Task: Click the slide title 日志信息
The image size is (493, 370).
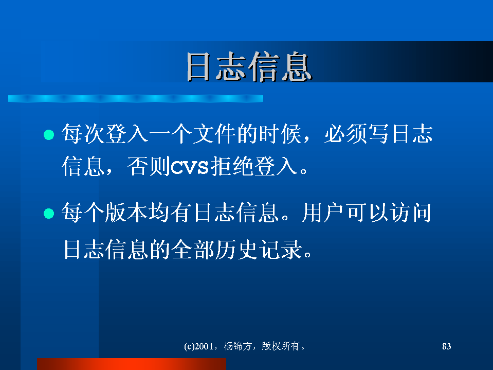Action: [x=249, y=67]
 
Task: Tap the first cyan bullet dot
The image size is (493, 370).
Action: [x=49, y=135]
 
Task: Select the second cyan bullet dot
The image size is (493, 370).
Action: [x=49, y=214]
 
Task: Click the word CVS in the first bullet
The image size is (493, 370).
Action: [x=190, y=166]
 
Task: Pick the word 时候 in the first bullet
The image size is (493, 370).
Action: [x=280, y=134]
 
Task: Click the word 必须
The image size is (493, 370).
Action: [x=345, y=134]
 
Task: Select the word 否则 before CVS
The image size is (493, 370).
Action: [x=149, y=166]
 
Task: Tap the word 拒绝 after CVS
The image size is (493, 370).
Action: [x=232, y=166]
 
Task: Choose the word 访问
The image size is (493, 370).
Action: [x=410, y=213]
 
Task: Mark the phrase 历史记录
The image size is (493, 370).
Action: [x=259, y=250]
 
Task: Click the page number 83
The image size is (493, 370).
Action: [x=446, y=346]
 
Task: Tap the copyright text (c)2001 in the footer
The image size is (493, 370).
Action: [x=198, y=346]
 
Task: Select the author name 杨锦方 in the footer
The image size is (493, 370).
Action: [x=238, y=346]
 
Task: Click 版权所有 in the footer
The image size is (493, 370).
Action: [x=281, y=346]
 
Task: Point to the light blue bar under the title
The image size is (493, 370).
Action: [x=135, y=98]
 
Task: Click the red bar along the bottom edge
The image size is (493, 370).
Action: [x=132, y=364]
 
